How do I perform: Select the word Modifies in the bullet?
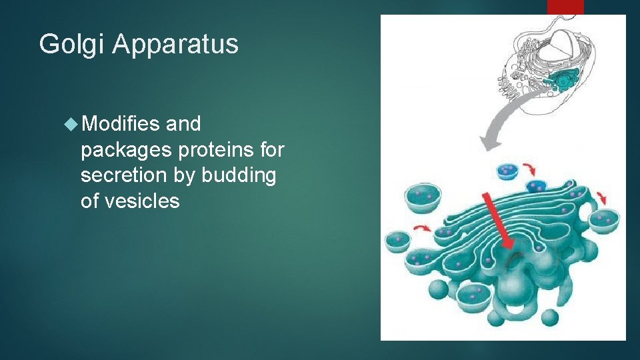[122, 124]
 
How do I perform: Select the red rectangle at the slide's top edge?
[565, 7]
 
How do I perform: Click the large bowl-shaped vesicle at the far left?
[423, 198]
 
